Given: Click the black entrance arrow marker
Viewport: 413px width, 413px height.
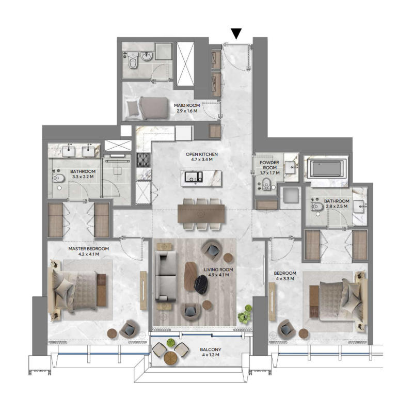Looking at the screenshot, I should click(236, 34).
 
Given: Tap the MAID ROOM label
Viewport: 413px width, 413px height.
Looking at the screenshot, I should click(187, 105).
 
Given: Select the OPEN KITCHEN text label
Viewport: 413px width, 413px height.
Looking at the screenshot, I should click(202, 154).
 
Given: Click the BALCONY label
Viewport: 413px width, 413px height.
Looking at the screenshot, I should click(210, 350).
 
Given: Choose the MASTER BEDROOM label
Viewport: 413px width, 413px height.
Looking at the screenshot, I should click(89, 248).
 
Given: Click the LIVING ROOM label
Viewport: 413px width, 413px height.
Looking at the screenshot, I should click(218, 269).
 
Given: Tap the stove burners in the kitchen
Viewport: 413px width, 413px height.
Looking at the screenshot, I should click(143, 160).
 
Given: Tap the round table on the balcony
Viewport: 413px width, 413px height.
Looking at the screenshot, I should click(171, 357).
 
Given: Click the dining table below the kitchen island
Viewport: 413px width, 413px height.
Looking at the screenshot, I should click(201, 213).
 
